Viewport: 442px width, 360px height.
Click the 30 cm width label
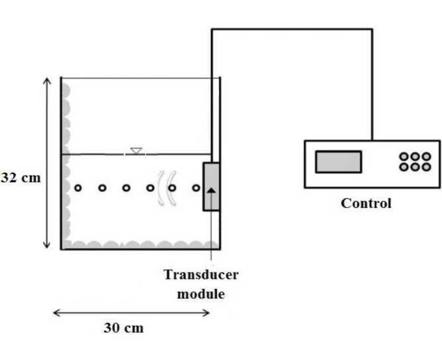pyautogui.click(x=123, y=327)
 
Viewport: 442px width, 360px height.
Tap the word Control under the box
pyautogui.click(x=366, y=203)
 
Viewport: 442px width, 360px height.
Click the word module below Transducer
pyautogui.click(x=200, y=293)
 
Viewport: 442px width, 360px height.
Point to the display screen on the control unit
pyautogui.click(x=338, y=161)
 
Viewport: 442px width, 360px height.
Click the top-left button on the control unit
pyautogui.click(x=404, y=157)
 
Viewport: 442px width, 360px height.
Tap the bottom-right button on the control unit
pyautogui.click(x=426, y=167)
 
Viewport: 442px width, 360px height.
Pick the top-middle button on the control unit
pyautogui.click(x=415, y=157)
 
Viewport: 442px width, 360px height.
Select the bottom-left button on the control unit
pyautogui.click(x=404, y=167)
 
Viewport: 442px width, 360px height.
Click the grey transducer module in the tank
pyautogui.click(x=211, y=187)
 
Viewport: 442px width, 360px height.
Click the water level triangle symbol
pyautogui.click(x=135, y=151)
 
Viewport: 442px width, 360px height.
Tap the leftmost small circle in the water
pyautogui.click(x=78, y=188)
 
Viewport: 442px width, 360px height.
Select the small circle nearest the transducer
pyautogui.click(x=196, y=188)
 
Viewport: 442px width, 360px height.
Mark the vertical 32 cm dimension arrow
pyautogui.click(x=47, y=163)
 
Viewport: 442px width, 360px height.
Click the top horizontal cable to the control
pyautogui.click(x=292, y=29)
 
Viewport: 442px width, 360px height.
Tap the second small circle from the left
pyautogui.click(x=102, y=188)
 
